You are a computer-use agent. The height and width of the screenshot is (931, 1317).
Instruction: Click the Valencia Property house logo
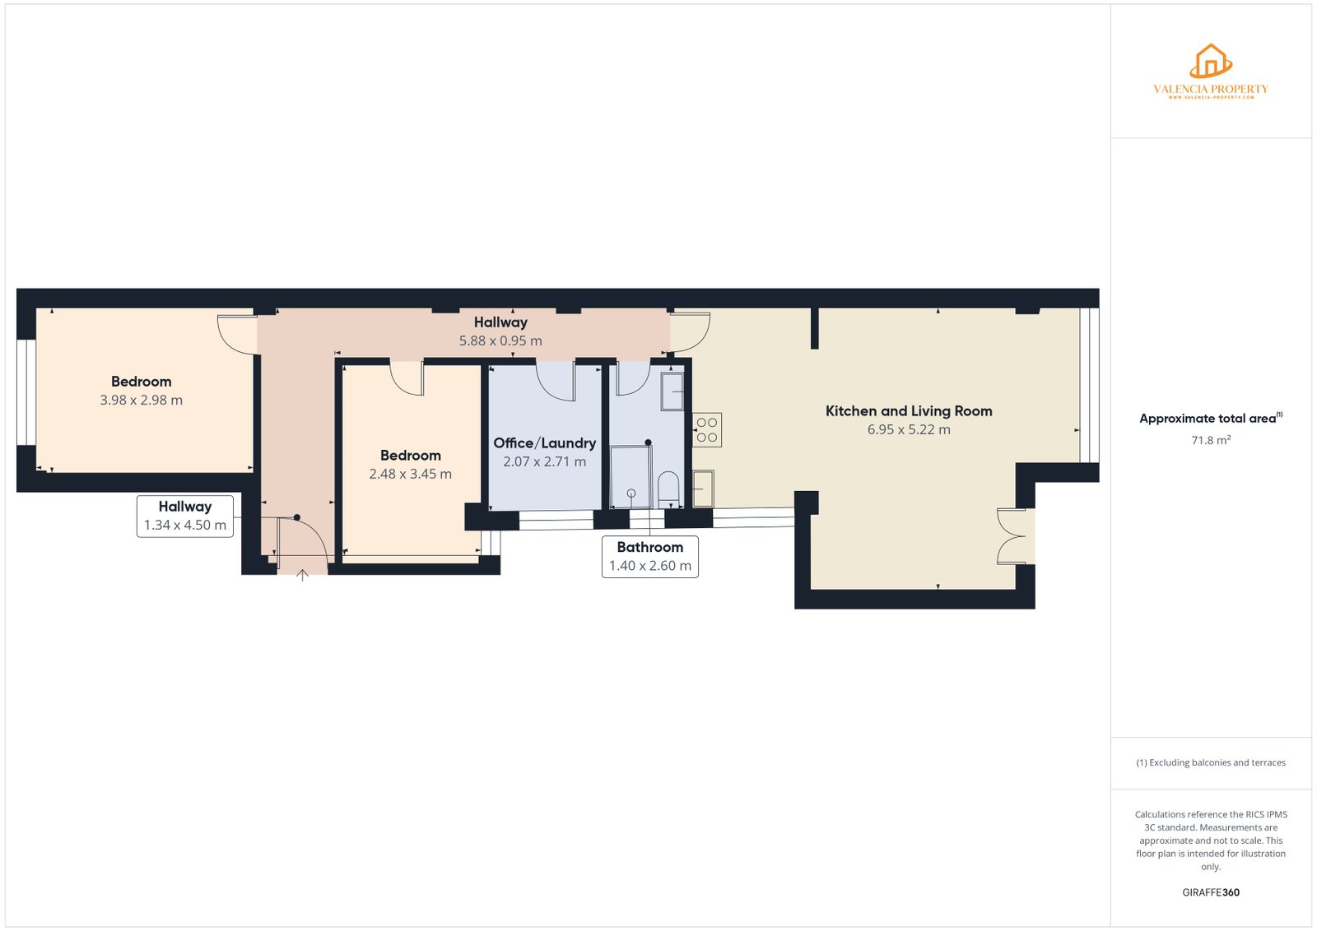[x=1210, y=63]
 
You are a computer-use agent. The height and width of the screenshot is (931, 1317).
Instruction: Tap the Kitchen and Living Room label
[x=909, y=411]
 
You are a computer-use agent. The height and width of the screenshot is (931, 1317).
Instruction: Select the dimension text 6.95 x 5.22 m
[x=909, y=429]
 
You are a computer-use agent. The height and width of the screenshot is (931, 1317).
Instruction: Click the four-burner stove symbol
[x=706, y=430]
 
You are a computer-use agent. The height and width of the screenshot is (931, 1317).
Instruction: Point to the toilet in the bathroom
[x=668, y=489]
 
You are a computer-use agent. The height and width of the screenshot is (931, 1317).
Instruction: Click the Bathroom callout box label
[x=649, y=548]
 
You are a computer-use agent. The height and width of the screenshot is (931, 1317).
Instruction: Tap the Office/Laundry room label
[x=544, y=443]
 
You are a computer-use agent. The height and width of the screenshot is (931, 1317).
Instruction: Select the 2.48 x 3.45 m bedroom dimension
[x=410, y=474]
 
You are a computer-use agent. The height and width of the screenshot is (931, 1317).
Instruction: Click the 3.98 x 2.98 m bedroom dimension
[x=141, y=400]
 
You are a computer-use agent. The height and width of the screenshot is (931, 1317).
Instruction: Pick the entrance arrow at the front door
[x=302, y=576]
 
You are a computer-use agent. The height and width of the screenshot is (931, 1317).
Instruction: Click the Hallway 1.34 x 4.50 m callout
[x=184, y=516]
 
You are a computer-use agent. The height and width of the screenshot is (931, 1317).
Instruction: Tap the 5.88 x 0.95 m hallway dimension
[x=500, y=340]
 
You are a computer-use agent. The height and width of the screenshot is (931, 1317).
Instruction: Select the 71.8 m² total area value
[x=1211, y=440]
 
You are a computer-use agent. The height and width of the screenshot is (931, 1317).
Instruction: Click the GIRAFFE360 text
[x=1211, y=892]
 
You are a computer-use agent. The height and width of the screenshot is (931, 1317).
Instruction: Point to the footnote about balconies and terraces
[x=1211, y=762]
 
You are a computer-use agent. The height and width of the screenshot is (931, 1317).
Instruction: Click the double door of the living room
[x=1012, y=536]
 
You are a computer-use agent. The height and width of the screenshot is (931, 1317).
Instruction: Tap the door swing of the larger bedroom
[x=237, y=333]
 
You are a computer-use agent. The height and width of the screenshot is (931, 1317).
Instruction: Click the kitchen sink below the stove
[x=703, y=489]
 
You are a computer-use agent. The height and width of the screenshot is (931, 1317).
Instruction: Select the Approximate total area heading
[x=1208, y=419]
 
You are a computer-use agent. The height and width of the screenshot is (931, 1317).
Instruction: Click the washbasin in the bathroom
[x=672, y=391]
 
